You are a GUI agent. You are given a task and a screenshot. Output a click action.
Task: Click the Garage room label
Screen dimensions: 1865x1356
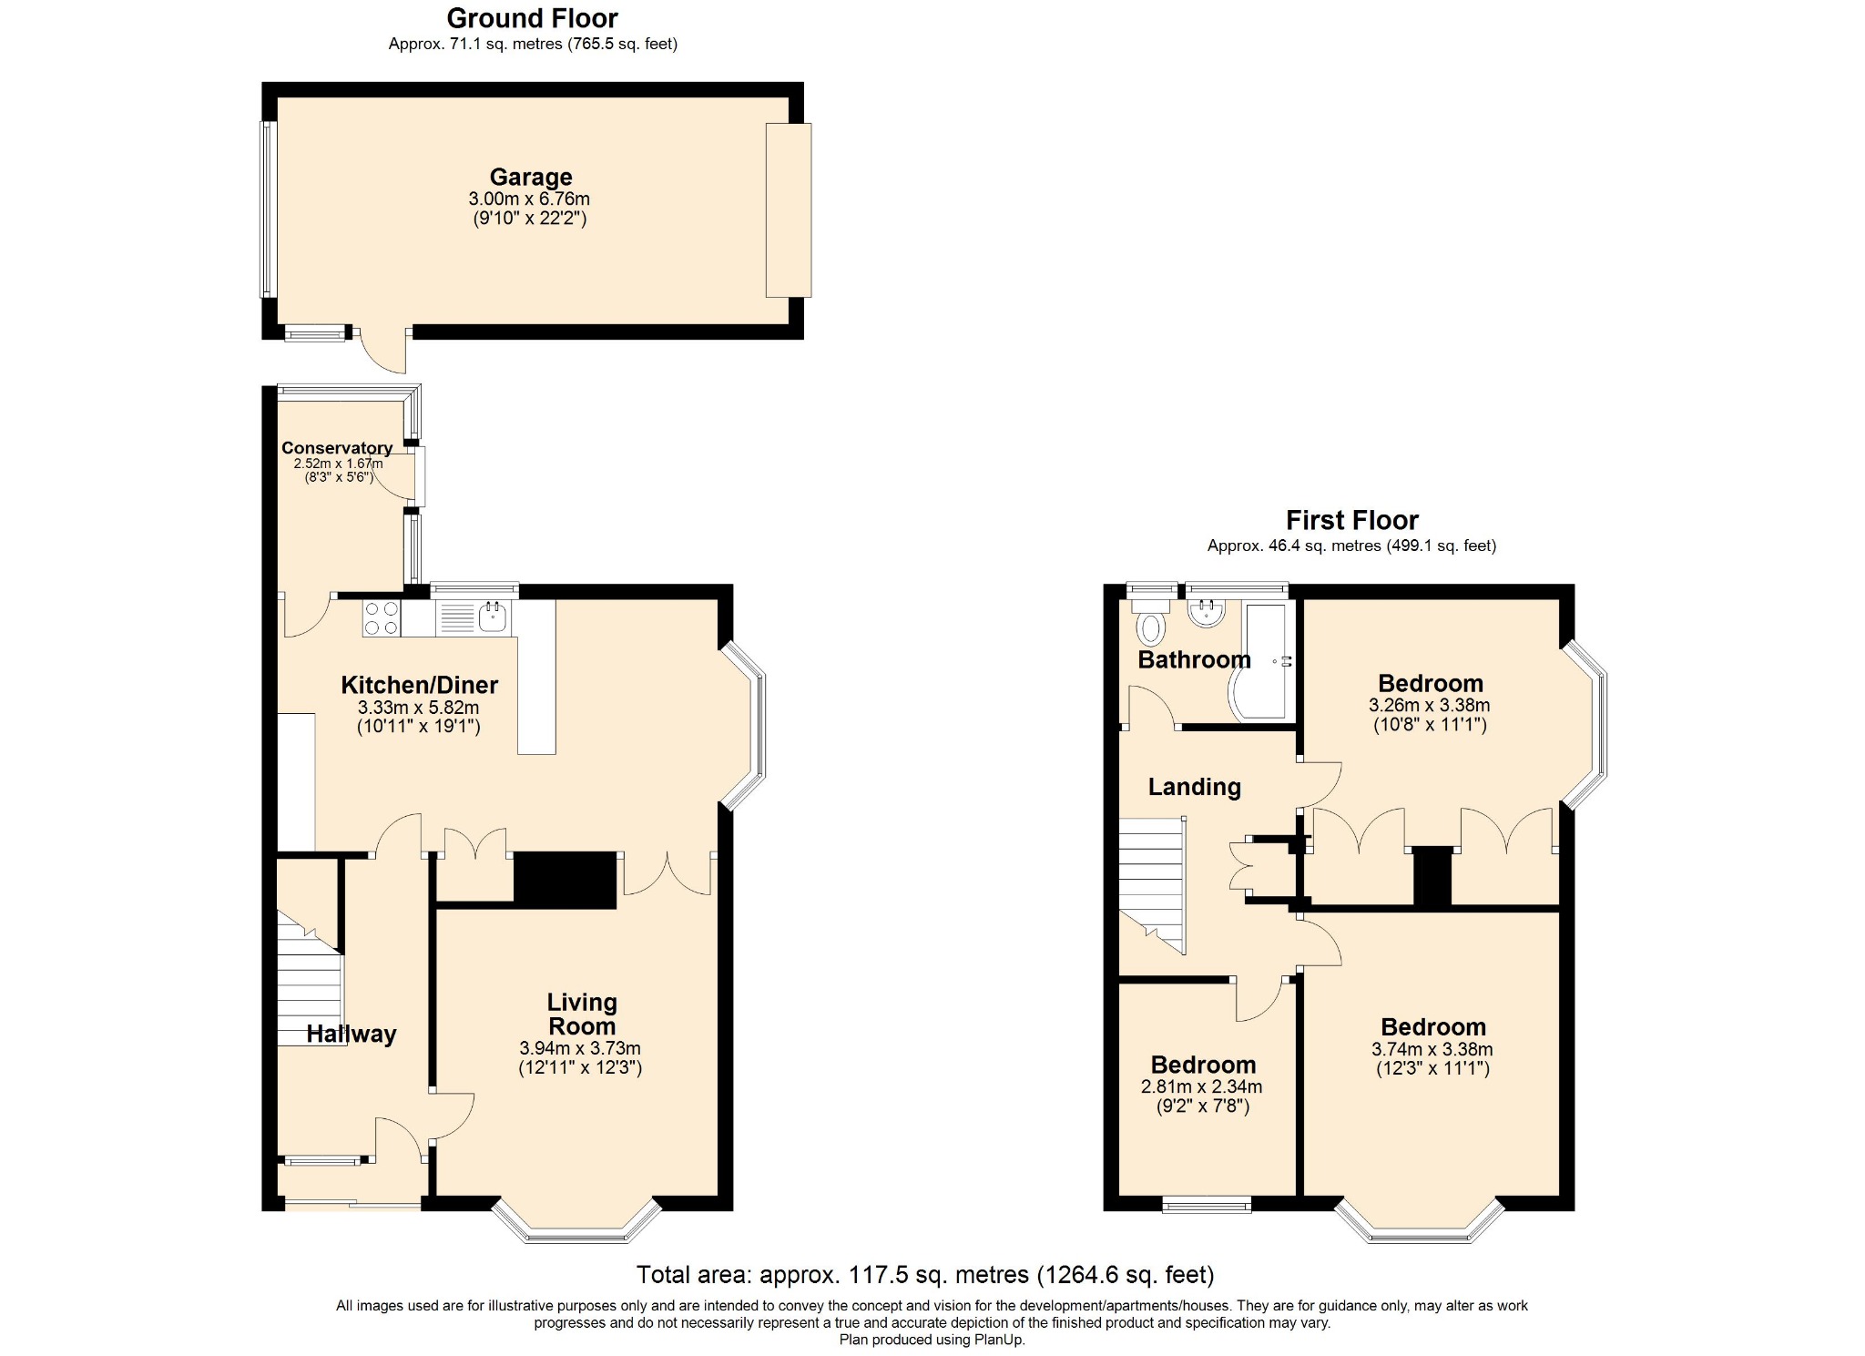[531, 177]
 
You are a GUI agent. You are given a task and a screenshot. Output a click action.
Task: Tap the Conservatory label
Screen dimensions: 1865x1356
[337, 448]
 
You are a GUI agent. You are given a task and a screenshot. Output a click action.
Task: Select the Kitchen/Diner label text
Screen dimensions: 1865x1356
[420, 685]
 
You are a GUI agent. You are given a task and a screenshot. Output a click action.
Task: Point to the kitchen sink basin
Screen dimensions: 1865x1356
[492, 615]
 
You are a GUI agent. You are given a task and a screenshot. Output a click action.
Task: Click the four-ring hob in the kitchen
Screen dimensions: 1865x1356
[382, 618]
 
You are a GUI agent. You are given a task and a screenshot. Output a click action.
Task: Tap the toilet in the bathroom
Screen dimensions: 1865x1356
[1152, 620]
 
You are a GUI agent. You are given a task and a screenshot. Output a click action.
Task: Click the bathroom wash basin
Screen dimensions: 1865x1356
[1208, 613]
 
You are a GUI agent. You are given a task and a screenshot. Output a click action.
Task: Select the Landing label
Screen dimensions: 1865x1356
[1194, 787]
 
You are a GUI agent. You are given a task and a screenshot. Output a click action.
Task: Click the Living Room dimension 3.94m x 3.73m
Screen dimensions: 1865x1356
[580, 1048]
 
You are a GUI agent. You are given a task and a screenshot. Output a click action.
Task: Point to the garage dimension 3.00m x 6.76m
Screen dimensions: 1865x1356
[529, 199]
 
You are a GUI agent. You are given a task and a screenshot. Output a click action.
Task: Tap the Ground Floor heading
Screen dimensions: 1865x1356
[533, 18]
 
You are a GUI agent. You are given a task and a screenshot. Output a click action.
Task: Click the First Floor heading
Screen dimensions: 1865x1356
[1352, 520]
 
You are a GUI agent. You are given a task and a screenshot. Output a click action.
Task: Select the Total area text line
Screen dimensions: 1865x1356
[925, 1274]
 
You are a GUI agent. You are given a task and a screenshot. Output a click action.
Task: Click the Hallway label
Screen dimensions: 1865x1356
[352, 1034]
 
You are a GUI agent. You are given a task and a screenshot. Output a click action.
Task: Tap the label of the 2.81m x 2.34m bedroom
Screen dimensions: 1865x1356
[1203, 1065]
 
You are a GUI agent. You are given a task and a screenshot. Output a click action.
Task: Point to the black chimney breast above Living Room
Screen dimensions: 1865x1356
[566, 880]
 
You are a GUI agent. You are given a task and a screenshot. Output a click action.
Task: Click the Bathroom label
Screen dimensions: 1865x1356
[1194, 659]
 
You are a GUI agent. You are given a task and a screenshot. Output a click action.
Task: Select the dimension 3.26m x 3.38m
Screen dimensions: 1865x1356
[1430, 705]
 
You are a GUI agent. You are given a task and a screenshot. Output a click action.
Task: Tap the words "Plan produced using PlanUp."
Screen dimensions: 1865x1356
[932, 1340]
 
